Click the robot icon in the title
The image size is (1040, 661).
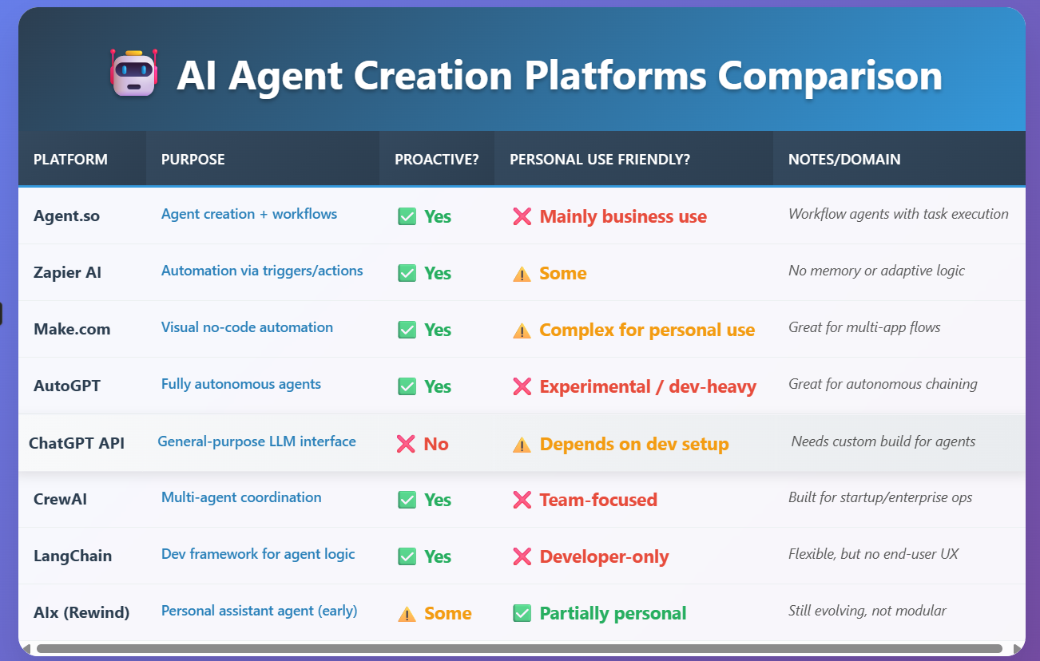[x=133, y=73]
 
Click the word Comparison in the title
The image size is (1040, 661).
[x=830, y=77]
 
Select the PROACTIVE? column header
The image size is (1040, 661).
[x=436, y=160]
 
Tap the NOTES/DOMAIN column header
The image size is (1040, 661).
[x=844, y=160]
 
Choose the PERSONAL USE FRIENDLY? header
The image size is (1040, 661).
[x=600, y=160]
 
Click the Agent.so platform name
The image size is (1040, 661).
[x=66, y=216]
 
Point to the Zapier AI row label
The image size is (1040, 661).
[x=67, y=272]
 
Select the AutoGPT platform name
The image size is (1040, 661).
[x=67, y=386]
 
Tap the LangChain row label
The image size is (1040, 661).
[x=73, y=556]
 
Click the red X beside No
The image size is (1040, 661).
[x=406, y=444]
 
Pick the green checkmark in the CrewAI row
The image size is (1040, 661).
[x=407, y=500]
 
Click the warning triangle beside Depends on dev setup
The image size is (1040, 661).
[x=522, y=445]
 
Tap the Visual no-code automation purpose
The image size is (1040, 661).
[x=247, y=327]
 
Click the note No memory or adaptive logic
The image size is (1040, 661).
[x=876, y=271]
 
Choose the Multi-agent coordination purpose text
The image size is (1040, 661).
[x=241, y=497]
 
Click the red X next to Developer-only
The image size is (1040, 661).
[x=522, y=556]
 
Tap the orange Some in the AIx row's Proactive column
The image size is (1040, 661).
[x=447, y=613]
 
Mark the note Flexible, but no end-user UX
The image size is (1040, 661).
[x=873, y=554]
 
